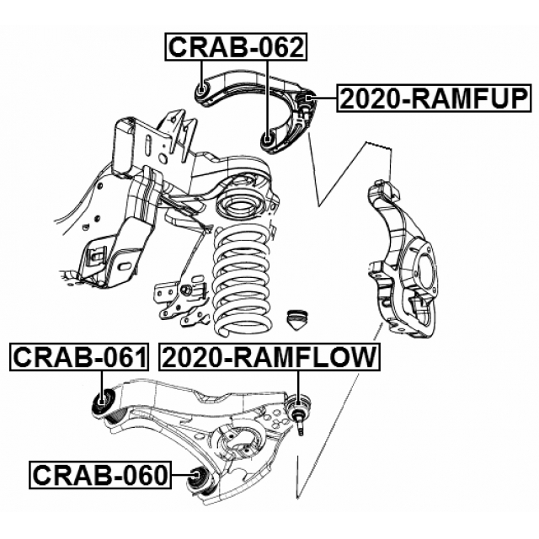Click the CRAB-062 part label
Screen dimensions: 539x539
point(235,47)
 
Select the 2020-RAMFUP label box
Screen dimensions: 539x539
point(435,99)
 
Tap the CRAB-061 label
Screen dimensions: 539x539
point(79,358)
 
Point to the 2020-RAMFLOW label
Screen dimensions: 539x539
point(269,358)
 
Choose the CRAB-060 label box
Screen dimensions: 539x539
point(100,475)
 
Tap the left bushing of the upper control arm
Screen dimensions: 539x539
point(201,88)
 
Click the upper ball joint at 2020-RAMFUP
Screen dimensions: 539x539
point(307,104)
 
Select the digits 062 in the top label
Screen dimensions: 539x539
point(274,47)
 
